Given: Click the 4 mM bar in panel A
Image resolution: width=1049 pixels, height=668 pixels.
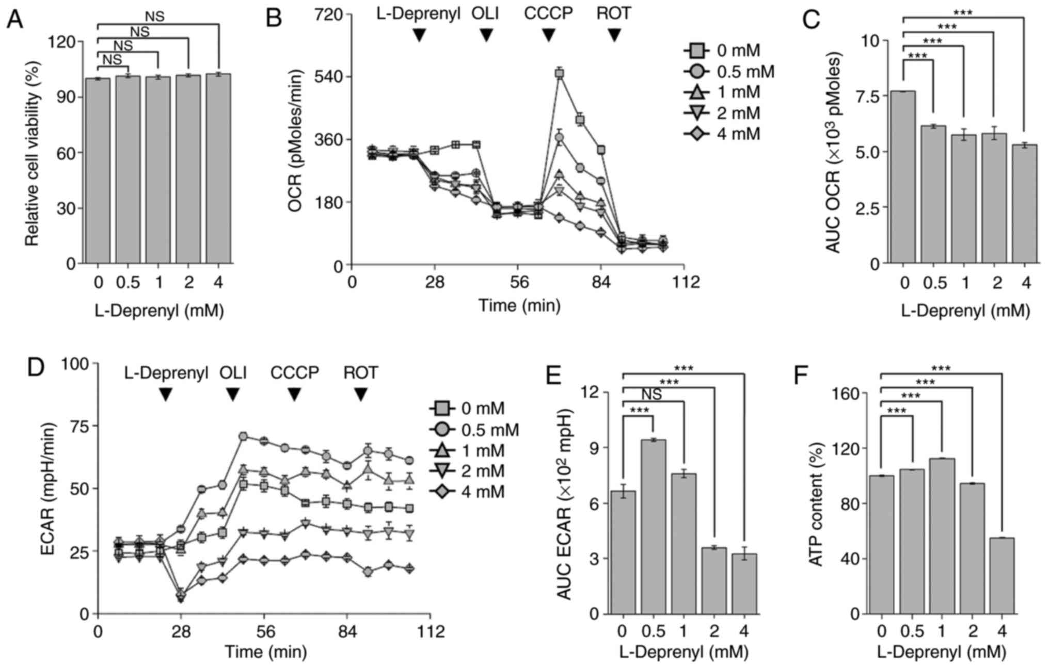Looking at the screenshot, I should (218, 169).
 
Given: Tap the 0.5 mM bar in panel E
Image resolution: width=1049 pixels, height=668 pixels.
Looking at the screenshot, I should (654, 526).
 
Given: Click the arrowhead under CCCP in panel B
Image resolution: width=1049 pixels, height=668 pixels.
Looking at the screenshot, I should (548, 36).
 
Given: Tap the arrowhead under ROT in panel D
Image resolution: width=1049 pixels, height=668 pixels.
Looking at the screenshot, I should (360, 395).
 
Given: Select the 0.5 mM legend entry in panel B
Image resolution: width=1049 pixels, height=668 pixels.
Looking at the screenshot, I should (728, 72).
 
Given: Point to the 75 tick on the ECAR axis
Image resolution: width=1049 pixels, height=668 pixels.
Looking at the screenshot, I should (76, 426).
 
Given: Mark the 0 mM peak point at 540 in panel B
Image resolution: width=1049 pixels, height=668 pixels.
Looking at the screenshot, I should (559, 73).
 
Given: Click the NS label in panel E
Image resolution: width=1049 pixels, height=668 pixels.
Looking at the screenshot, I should (652, 395).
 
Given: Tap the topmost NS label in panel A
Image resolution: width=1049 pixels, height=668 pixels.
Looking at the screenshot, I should (154, 17).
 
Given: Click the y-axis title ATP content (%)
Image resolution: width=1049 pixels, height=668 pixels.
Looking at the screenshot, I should (816, 503).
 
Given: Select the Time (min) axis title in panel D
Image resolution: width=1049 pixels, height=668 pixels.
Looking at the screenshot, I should (265, 652).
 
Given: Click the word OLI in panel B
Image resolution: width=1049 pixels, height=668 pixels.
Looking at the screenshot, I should (485, 13).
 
